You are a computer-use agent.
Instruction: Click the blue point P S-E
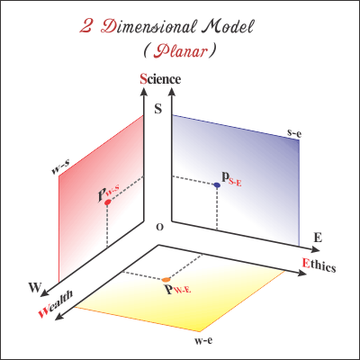pyautogui.click(x=217, y=185)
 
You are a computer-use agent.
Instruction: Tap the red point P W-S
pyautogui.click(x=107, y=202)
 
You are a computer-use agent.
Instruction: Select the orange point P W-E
pyautogui.click(x=166, y=280)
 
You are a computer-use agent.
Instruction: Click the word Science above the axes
pyautogui.click(x=160, y=79)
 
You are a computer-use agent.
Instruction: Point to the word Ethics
pyautogui.click(x=319, y=265)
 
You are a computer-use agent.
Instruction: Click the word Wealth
pyautogui.click(x=56, y=304)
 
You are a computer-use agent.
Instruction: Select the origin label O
pyautogui.click(x=160, y=228)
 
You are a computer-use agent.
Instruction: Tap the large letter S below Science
pyautogui.click(x=158, y=109)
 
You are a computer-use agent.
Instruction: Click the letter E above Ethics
pyautogui.click(x=318, y=238)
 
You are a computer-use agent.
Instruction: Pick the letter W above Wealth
pyautogui.click(x=35, y=288)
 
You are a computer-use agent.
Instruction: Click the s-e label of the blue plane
pyautogui.click(x=294, y=133)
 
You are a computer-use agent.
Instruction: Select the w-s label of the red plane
pyautogui.click(x=61, y=167)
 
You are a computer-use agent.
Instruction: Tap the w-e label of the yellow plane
pyautogui.click(x=203, y=341)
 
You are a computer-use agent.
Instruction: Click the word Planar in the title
pyautogui.click(x=180, y=51)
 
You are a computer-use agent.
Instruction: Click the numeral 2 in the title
pyautogui.click(x=86, y=27)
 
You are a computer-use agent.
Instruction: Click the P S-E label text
pyautogui.click(x=231, y=179)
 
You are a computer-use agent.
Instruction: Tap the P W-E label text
pyautogui.click(x=177, y=289)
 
